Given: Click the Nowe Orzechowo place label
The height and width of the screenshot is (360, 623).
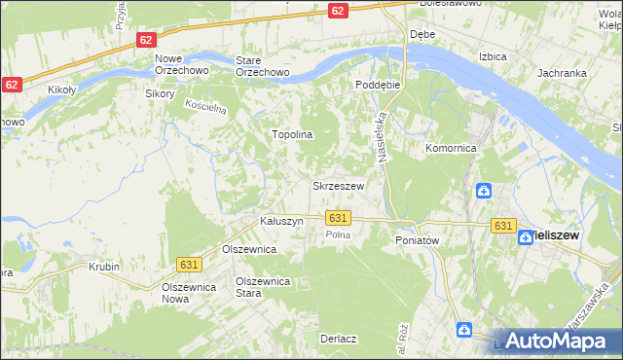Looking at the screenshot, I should pos(175,66).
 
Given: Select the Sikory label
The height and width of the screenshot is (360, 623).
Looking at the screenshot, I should pos(159,94).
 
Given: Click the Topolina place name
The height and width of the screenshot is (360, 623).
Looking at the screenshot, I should pos(291,135).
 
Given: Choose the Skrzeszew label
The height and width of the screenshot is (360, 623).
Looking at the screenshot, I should pos(338,186).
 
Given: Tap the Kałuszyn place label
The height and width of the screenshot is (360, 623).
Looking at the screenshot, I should pos(281,222).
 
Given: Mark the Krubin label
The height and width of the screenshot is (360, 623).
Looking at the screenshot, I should pos(103,266).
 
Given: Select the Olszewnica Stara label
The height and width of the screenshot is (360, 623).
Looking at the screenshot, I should pos(265,287).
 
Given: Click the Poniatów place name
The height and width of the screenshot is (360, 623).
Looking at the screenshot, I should pos(419,239).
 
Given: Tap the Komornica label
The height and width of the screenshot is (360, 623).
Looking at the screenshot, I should pos(450,149).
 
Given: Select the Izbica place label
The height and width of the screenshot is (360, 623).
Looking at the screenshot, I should pos(493,56).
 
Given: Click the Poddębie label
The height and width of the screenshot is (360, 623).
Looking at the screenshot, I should pos(378,85).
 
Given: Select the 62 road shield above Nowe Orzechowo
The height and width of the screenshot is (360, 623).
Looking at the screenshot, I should pos(145,40).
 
